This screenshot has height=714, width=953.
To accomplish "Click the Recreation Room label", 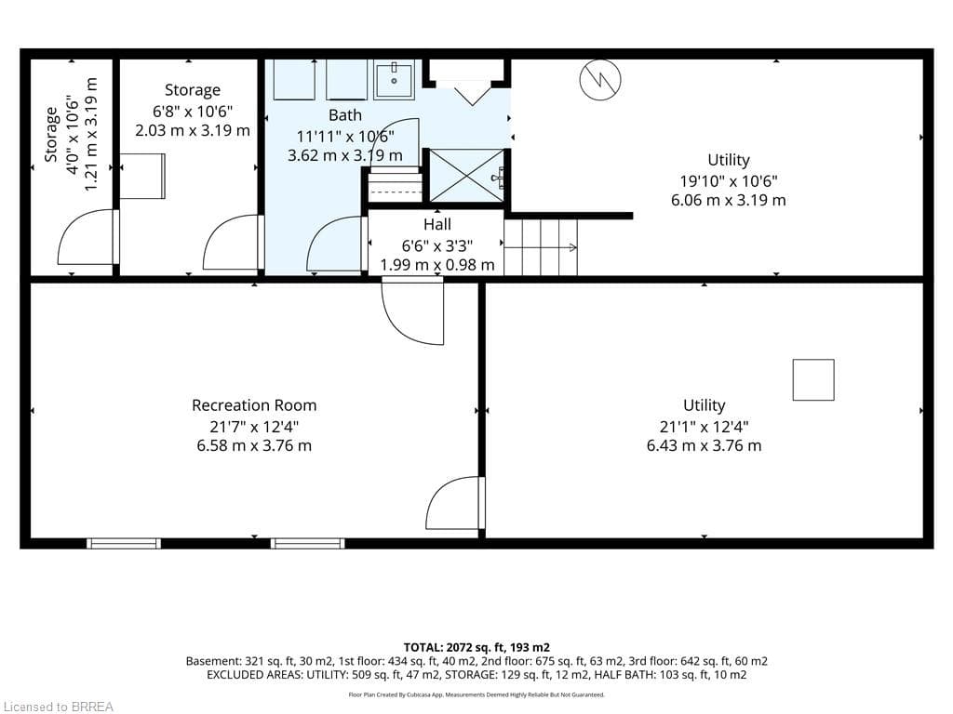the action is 254,405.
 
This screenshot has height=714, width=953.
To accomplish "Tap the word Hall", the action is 437,225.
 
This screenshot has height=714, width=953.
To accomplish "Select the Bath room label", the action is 344,114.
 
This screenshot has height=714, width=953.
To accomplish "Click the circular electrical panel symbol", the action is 600,80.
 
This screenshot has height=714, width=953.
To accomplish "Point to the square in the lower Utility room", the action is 813,380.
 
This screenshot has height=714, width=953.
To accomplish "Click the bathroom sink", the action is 394,80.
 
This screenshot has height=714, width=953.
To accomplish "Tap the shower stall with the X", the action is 467,176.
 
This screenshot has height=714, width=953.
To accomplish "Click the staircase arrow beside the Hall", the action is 541,247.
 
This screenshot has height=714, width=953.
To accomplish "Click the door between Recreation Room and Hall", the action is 412,311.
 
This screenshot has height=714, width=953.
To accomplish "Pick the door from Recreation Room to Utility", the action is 456,504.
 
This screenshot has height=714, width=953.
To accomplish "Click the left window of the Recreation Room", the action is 124,543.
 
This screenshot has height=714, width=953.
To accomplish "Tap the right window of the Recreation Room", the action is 307,543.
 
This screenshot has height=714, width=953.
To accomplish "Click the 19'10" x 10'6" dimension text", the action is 728,181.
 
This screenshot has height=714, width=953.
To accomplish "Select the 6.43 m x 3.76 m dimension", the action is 704,445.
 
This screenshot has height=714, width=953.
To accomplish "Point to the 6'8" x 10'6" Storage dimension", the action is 193,112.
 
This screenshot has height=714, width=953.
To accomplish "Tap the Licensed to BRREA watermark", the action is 59,707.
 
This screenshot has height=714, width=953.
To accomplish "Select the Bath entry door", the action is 337,245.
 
